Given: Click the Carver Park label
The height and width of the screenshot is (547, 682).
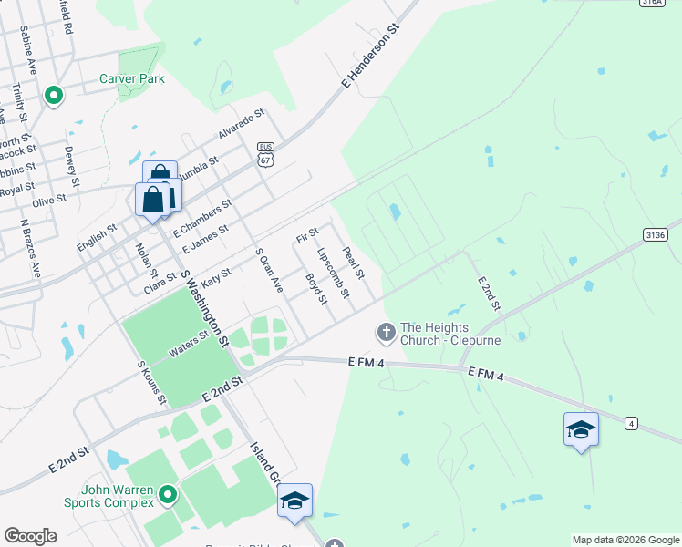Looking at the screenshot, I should click(x=132, y=79).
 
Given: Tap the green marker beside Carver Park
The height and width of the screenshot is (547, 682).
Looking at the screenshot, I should click(x=53, y=94).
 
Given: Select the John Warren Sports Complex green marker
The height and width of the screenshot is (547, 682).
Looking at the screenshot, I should click(x=167, y=495).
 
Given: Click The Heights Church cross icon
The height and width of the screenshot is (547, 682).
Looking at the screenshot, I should click(x=386, y=333).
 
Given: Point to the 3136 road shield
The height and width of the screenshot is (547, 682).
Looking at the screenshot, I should click(x=655, y=234).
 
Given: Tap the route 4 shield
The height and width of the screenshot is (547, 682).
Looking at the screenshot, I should click(x=630, y=423).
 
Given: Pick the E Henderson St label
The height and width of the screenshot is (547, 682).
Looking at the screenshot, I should click(x=372, y=57).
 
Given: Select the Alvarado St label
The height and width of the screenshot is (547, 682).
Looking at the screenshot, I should click(x=241, y=124).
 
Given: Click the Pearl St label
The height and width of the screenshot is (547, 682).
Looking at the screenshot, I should click(x=354, y=263).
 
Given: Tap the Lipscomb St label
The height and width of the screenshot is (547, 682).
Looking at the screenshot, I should click(x=333, y=272).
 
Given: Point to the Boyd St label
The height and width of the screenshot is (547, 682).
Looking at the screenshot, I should click(x=316, y=289).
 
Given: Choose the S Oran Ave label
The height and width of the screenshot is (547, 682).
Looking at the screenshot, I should click(x=269, y=271).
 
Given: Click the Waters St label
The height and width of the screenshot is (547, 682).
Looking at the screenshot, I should click(x=189, y=346).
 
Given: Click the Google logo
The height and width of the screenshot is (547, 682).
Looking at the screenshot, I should click(x=30, y=536).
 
